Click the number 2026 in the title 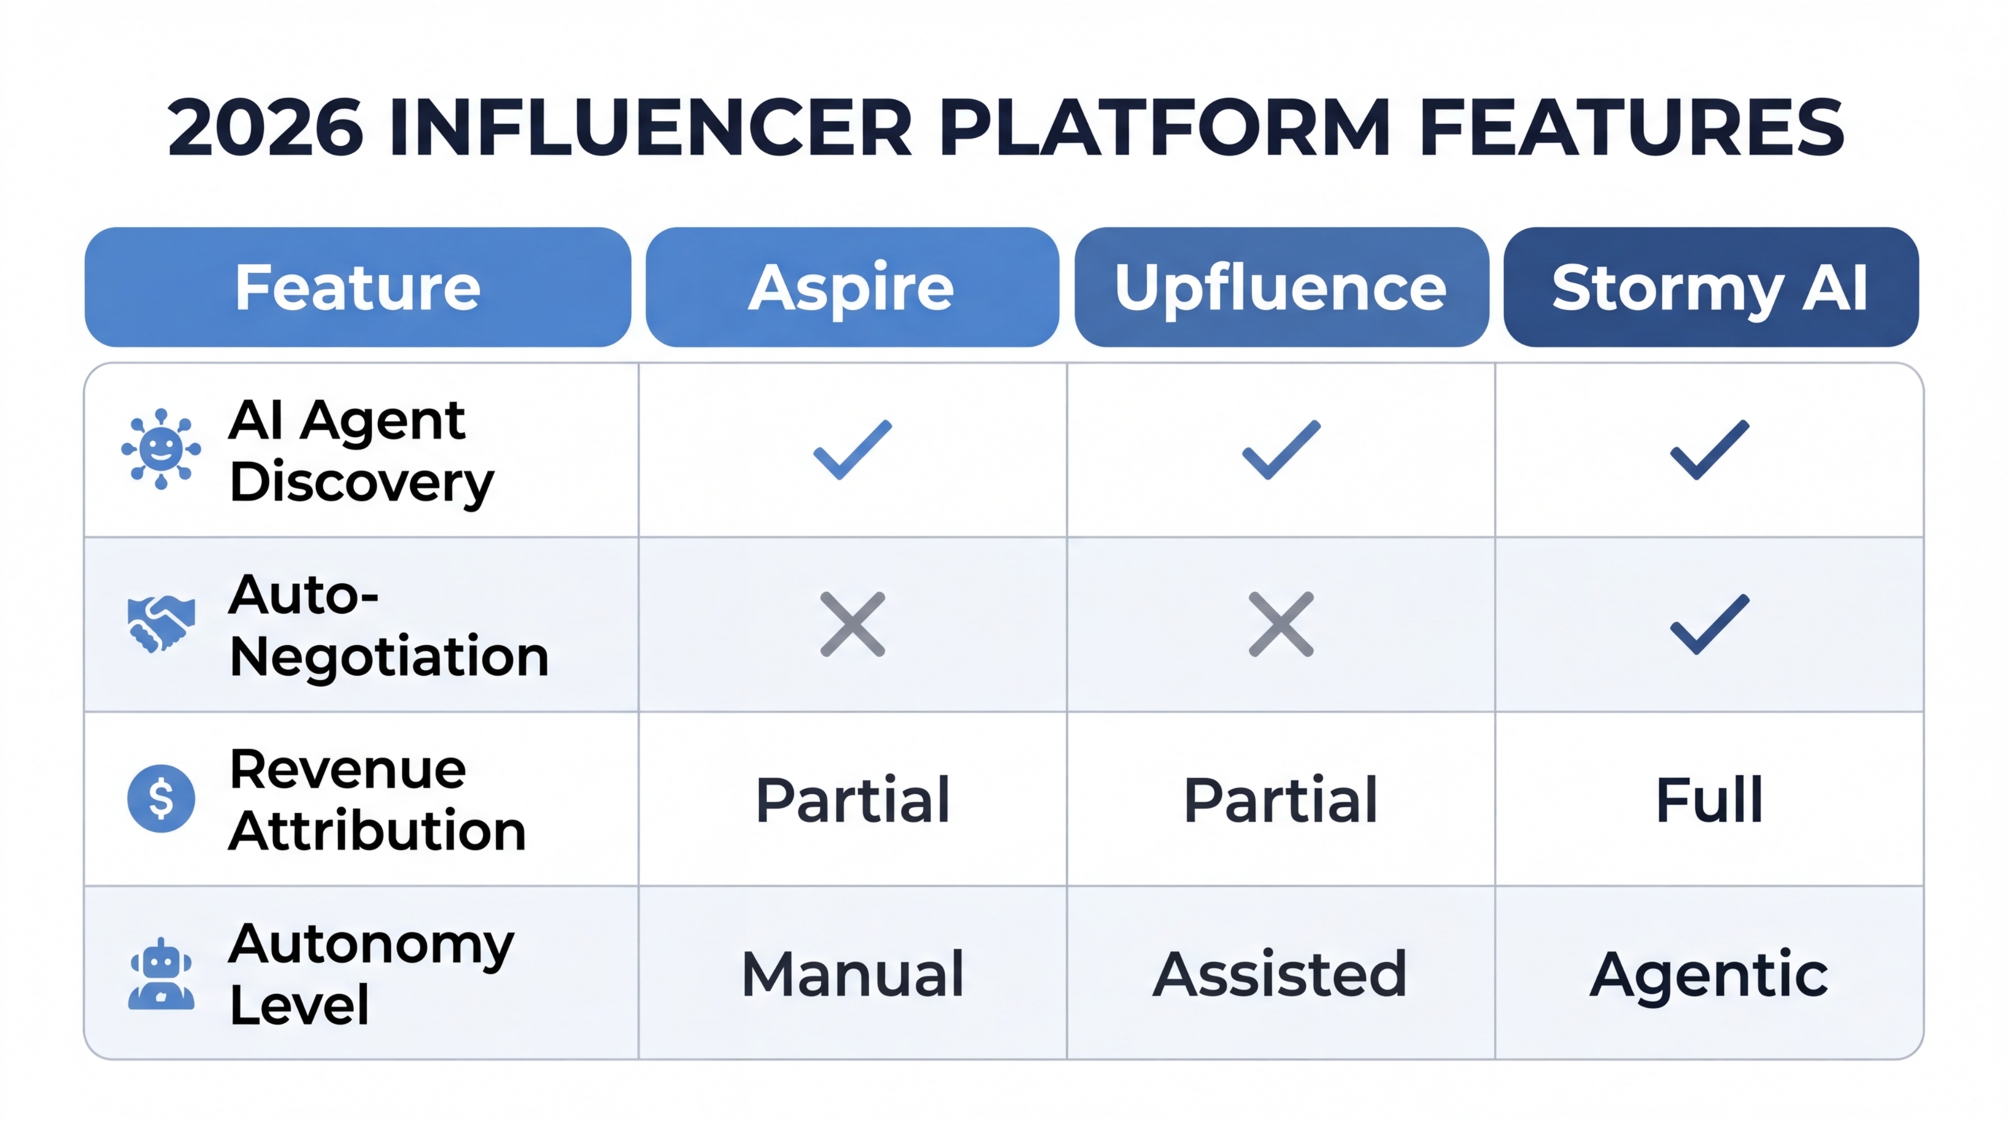point(265,127)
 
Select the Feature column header point(358,287)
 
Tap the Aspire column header point(852,287)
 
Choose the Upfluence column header point(1281,287)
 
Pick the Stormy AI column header point(1710,287)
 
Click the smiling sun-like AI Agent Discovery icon point(161,448)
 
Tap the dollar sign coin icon point(161,798)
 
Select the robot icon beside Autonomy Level point(161,974)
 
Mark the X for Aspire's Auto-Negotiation point(852,624)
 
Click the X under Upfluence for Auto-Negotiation point(1281,624)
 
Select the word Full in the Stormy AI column point(1710,800)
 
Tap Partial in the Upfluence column point(1281,800)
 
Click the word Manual point(852,974)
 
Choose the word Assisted point(1280,974)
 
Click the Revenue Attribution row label point(377,800)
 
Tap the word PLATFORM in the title point(1165,127)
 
